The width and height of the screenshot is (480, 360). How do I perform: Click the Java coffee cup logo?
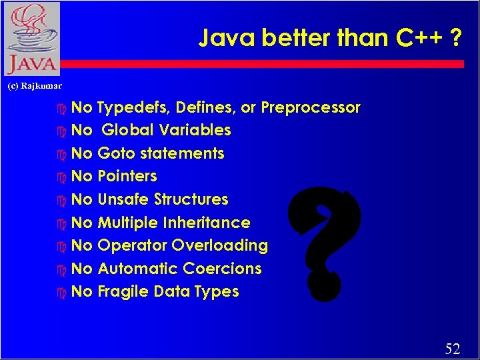tap(31, 39)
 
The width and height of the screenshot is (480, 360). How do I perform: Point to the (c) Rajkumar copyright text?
tap(34, 85)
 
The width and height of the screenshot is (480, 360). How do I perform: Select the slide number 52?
tap(452, 348)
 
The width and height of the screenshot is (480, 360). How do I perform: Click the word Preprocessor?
tap(311, 107)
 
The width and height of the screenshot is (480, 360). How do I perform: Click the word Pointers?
tap(127, 176)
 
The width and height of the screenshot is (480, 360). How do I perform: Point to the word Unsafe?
tap(123, 199)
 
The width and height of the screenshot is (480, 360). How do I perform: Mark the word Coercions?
tap(221, 269)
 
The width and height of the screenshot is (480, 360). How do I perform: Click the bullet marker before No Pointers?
tap(63, 177)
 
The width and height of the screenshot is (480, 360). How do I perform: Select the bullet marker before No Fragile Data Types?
tap(63, 293)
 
